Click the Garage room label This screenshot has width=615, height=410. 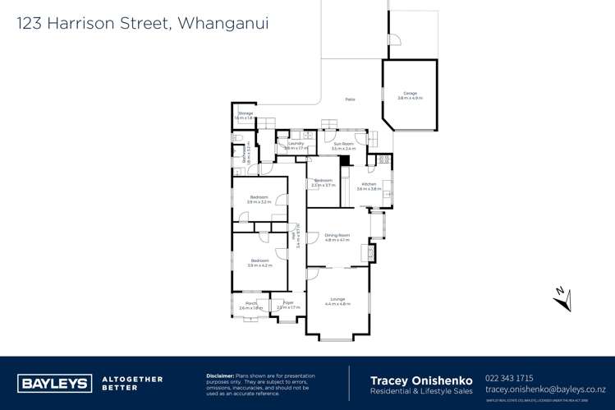(x=409, y=93)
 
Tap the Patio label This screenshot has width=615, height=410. (x=350, y=99)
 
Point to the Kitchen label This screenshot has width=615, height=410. (x=366, y=184)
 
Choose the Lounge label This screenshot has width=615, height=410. (x=337, y=298)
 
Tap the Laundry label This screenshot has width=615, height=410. (x=296, y=143)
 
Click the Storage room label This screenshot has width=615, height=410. (x=244, y=113)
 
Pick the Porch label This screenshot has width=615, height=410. (x=250, y=303)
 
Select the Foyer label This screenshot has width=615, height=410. (x=288, y=303)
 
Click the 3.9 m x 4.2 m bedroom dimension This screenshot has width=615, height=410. (x=259, y=265)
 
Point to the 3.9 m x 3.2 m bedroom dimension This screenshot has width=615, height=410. (x=259, y=201)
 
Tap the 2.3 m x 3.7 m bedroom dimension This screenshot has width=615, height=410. (x=324, y=185)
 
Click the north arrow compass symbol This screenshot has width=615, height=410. (x=562, y=297)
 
